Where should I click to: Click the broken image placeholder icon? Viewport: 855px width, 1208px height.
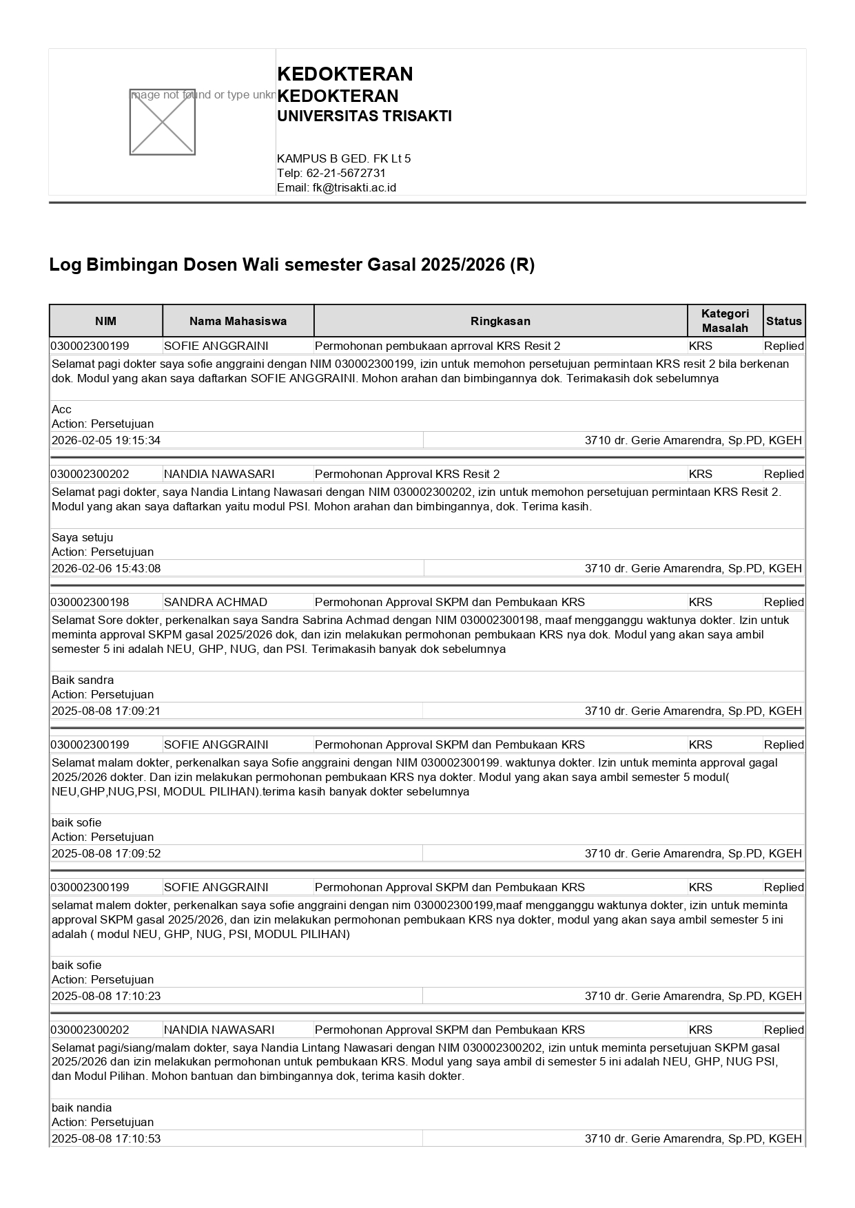point(162,122)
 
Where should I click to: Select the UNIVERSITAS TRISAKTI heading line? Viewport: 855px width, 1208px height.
point(364,116)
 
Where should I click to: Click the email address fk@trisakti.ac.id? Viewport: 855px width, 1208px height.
point(354,187)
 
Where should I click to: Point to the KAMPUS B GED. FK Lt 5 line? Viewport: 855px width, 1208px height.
point(344,158)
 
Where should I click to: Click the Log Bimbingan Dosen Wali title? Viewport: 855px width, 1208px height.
point(291,265)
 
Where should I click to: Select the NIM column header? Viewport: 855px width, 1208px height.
point(105,321)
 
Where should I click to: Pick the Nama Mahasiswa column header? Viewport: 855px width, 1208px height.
point(238,321)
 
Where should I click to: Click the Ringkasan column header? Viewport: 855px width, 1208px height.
point(500,321)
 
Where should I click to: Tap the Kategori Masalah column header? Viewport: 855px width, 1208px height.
point(725,321)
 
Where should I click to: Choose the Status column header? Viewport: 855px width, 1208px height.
point(784,321)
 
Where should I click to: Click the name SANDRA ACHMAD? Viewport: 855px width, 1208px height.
point(216,602)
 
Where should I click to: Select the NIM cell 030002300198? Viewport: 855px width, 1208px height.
point(90,602)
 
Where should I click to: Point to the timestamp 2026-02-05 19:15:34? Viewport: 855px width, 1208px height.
point(106,440)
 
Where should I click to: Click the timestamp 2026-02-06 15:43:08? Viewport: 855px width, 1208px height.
point(106,568)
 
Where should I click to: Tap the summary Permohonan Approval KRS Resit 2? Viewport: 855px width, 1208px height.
point(407,474)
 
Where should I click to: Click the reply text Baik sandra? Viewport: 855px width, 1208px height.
point(83,680)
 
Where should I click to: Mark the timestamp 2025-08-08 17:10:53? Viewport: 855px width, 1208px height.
point(106,1138)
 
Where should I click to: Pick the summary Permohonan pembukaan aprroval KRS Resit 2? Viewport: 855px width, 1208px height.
point(437,346)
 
